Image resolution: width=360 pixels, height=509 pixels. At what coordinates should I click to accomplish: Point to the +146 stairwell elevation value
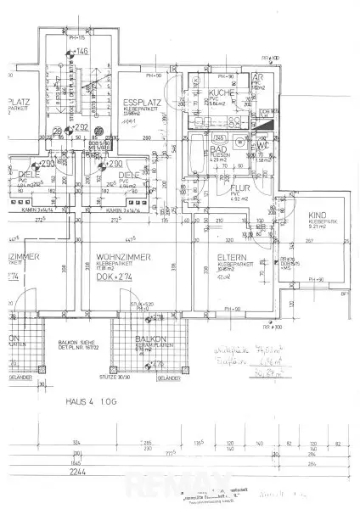pos(82,53)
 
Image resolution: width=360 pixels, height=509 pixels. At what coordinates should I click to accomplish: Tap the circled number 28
pos(57,130)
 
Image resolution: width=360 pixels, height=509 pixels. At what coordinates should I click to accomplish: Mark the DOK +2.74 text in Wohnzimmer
pos(115,277)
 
